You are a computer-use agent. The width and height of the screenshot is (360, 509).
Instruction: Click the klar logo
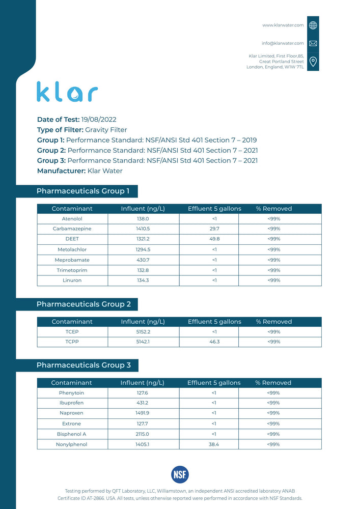[67, 92]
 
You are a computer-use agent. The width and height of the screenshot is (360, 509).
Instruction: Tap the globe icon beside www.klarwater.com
[313, 25]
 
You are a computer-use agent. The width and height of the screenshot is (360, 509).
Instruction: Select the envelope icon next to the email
[313, 43]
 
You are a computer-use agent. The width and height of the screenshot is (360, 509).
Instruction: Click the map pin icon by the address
[313, 62]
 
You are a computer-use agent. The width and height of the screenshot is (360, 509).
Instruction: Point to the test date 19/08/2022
[99, 120]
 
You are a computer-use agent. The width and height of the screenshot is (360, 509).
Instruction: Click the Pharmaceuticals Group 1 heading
[83, 191]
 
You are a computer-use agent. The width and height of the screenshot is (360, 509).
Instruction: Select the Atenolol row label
[72, 219]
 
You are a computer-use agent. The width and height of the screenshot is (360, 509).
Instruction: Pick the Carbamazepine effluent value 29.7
[214, 229]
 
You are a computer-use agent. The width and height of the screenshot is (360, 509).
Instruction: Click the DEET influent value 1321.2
[143, 239]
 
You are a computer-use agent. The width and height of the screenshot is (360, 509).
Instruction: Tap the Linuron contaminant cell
[72, 280]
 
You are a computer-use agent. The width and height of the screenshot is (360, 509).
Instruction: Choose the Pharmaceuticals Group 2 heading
[84, 304]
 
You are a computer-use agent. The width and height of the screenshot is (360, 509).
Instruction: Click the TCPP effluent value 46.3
[214, 342]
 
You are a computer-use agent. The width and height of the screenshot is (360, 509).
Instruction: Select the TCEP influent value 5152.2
[143, 332]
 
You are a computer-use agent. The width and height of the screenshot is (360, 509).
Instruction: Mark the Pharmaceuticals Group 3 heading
[84, 365]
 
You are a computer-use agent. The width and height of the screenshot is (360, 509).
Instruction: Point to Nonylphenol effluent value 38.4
[214, 444]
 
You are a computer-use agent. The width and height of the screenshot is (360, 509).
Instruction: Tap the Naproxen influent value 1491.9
[143, 413]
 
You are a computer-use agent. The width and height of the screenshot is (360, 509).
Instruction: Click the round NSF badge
[180, 474]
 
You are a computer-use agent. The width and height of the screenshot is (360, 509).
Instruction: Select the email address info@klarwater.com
[283, 43]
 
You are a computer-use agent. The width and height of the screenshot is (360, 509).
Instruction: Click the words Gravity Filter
[106, 130]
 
